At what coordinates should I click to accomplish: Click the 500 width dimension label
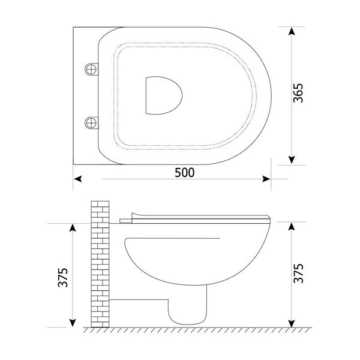[184, 173]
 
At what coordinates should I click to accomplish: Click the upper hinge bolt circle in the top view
[91, 67]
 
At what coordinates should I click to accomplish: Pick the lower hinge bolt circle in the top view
[91, 122]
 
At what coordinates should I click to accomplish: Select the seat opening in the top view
[163, 94]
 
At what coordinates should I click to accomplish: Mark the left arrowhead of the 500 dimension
[77, 178]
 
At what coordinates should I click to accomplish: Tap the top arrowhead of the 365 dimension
[291, 31]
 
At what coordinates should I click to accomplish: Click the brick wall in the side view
[100, 264]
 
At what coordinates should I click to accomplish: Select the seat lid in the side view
[198, 217]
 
